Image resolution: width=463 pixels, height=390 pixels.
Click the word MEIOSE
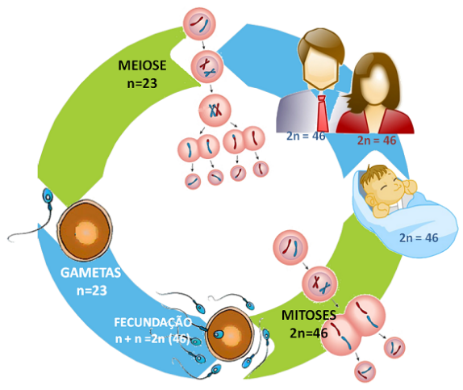tap(142, 65)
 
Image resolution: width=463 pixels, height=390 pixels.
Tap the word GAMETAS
tap(90, 273)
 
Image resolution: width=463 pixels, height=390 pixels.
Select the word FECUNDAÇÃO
tap(153, 321)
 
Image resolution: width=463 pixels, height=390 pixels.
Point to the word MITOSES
tap(309, 315)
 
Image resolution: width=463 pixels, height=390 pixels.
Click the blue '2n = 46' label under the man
tap(306, 136)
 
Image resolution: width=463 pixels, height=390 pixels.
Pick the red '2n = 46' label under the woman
tap(377, 140)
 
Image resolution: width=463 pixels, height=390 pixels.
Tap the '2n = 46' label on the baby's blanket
tap(419, 237)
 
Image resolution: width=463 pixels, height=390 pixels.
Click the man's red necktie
tap(322, 113)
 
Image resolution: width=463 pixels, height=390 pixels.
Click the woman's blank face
tap(375, 85)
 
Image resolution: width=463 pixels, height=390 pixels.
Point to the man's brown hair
tap(321, 44)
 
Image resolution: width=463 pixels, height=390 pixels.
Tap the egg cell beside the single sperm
tap(85, 231)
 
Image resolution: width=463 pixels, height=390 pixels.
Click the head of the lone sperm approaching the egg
tap(48, 196)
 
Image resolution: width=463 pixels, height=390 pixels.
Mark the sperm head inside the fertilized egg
tap(218, 334)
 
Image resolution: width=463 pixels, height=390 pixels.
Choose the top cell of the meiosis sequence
tap(199, 24)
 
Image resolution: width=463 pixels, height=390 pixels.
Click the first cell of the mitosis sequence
tap(290, 248)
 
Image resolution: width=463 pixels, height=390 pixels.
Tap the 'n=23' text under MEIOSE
tap(142, 84)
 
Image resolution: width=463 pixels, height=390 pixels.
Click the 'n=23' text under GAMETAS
tap(91, 291)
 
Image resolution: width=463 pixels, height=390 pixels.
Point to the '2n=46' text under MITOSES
tap(309, 333)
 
